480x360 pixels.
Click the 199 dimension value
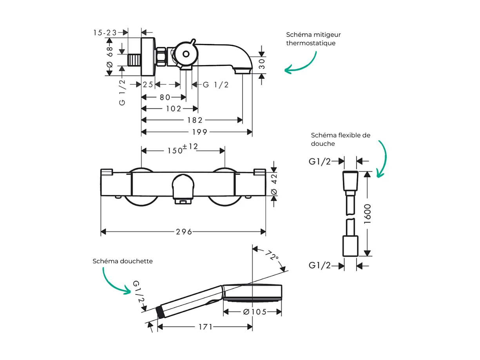click(x=199, y=132)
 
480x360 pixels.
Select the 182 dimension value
click(x=195, y=120)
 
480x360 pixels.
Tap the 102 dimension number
click(x=174, y=108)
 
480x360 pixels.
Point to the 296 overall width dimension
click(x=184, y=232)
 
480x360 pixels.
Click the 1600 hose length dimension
click(x=367, y=214)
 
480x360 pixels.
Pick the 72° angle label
click(x=271, y=257)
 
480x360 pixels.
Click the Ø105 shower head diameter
click(x=255, y=312)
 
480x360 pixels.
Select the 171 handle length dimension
click(x=205, y=327)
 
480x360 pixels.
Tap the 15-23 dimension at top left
click(x=105, y=33)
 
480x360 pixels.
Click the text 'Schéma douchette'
click(x=123, y=261)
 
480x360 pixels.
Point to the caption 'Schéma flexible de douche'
click(x=340, y=139)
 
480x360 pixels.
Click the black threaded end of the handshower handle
click(x=159, y=312)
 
